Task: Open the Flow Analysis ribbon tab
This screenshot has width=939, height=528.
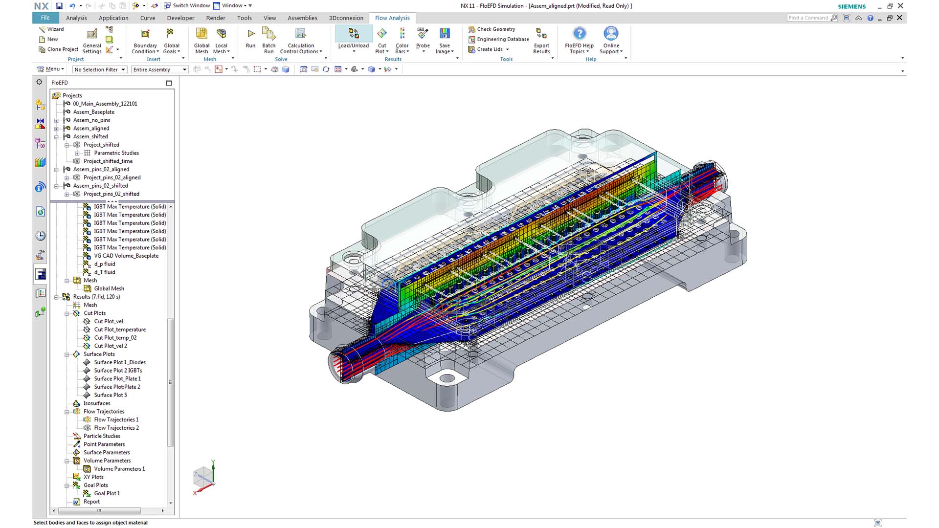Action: click(392, 18)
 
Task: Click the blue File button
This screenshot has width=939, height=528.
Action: click(45, 18)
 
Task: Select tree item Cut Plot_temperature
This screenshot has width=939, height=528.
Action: click(120, 330)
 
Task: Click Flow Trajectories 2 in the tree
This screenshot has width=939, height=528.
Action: click(116, 428)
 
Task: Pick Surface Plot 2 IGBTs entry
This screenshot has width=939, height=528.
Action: click(118, 371)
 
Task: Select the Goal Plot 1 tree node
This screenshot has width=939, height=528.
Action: click(107, 493)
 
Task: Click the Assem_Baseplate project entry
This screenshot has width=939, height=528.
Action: click(93, 112)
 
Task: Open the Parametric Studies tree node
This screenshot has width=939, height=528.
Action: click(116, 153)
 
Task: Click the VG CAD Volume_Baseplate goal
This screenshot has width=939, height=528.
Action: click(126, 256)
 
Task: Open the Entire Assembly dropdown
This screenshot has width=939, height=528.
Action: click(159, 69)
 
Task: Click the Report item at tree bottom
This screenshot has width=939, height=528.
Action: click(91, 502)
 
